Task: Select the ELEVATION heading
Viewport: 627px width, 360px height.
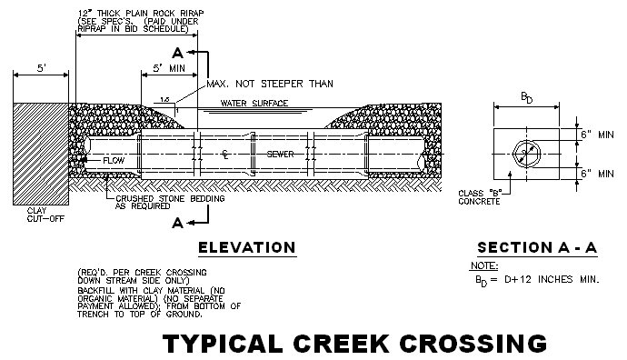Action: click(247, 247)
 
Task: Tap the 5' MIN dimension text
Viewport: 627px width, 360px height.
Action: click(169, 68)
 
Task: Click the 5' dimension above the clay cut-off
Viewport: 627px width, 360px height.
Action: click(41, 67)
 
